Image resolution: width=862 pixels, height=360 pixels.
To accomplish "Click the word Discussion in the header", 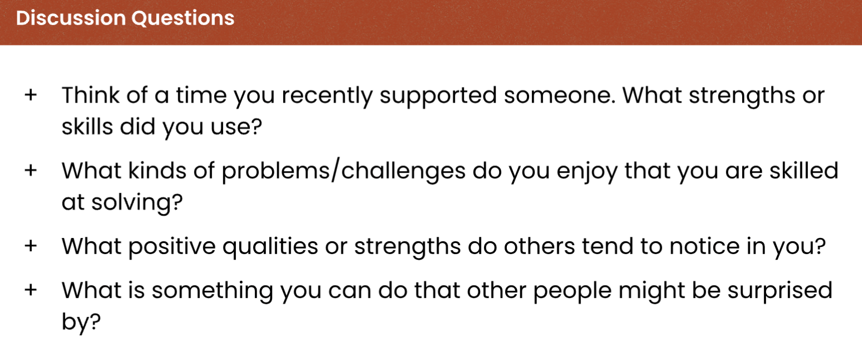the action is pyautogui.click(x=71, y=18).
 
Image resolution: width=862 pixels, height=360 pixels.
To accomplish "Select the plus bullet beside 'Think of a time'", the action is pyautogui.click(x=31, y=95).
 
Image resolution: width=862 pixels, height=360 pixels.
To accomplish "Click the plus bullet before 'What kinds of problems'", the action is pyautogui.click(x=31, y=170).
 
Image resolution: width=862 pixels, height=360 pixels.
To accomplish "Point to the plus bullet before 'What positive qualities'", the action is pyautogui.click(x=31, y=245).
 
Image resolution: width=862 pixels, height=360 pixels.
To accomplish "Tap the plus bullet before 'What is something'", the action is pyautogui.click(x=31, y=290).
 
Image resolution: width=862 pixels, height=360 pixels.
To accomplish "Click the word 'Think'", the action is pyautogui.click(x=90, y=95).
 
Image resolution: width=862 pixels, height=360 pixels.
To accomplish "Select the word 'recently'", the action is pyautogui.click(x=327, y=96).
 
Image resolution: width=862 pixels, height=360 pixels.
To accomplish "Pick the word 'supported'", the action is pyautogui.click(x=438, y=96).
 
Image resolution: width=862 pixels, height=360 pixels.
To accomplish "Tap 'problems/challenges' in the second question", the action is pyautogui.click(x=343, y=172).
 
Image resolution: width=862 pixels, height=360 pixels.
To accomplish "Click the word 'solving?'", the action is pyautogui.click(x=137, y=203).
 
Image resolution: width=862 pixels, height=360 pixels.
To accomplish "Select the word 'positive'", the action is pyautogui.click(x=172, y=247).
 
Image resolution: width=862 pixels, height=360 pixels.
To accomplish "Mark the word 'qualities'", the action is pyautogui.click(x=270, y=247).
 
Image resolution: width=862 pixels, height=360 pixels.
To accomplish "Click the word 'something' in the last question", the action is pyautogui.click(x=212, y=291).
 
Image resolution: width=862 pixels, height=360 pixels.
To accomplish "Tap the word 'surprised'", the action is pyautogui.click(x=780, y=291).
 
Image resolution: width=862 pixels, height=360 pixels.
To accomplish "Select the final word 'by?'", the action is pyautogui.click(x=81, y=322).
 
